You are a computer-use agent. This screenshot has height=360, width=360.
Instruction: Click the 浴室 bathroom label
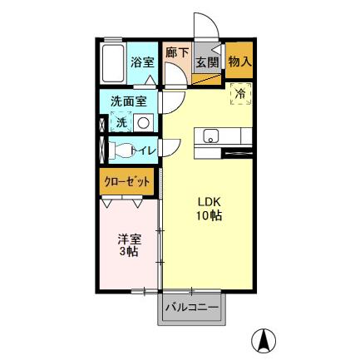click(x=142, y=62)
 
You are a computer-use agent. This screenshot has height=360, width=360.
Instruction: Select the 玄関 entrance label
click(x=206, y=62)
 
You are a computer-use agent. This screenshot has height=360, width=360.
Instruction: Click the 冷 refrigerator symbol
click(x=239, y=94)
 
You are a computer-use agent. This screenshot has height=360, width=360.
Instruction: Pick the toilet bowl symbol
click(x=121, y=151)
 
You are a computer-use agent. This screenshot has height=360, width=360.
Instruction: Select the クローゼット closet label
click(x=128, y=180)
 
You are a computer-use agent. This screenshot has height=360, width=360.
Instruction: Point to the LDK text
click(x=208, y=201)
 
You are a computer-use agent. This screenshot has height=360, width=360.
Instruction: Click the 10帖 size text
click(x=208, y=216)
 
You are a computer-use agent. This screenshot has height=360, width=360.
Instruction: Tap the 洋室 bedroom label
click(x=128, y=238)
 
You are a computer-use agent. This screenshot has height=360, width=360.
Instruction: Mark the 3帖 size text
click(x=128, y=252)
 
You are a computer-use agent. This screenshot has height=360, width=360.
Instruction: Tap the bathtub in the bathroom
click(x=113, y=62)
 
